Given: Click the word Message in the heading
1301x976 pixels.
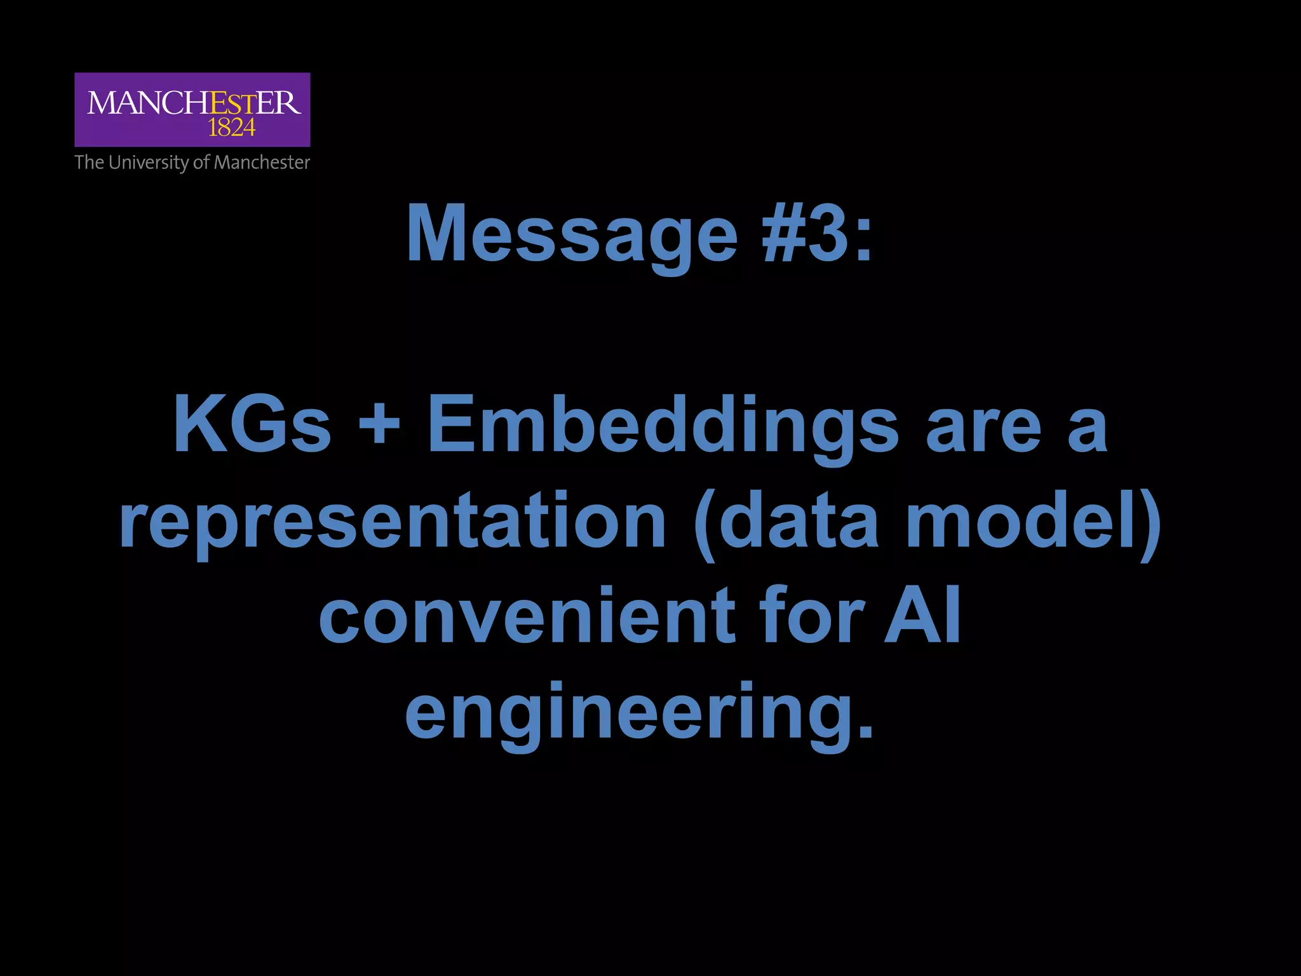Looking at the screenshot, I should coord(572,234).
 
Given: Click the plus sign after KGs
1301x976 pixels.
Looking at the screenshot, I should coord(379,425).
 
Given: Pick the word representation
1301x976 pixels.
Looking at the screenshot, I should coord(393,522).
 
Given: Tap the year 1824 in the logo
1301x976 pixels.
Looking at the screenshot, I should coord(231,128).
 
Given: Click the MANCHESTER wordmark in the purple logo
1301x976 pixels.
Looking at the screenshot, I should coord(193,103).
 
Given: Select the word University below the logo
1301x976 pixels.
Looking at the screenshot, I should coord(149,163).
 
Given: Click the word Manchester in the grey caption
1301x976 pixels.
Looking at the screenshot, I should coord(262,163).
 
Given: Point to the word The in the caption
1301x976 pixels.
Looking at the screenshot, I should coord(89,163).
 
